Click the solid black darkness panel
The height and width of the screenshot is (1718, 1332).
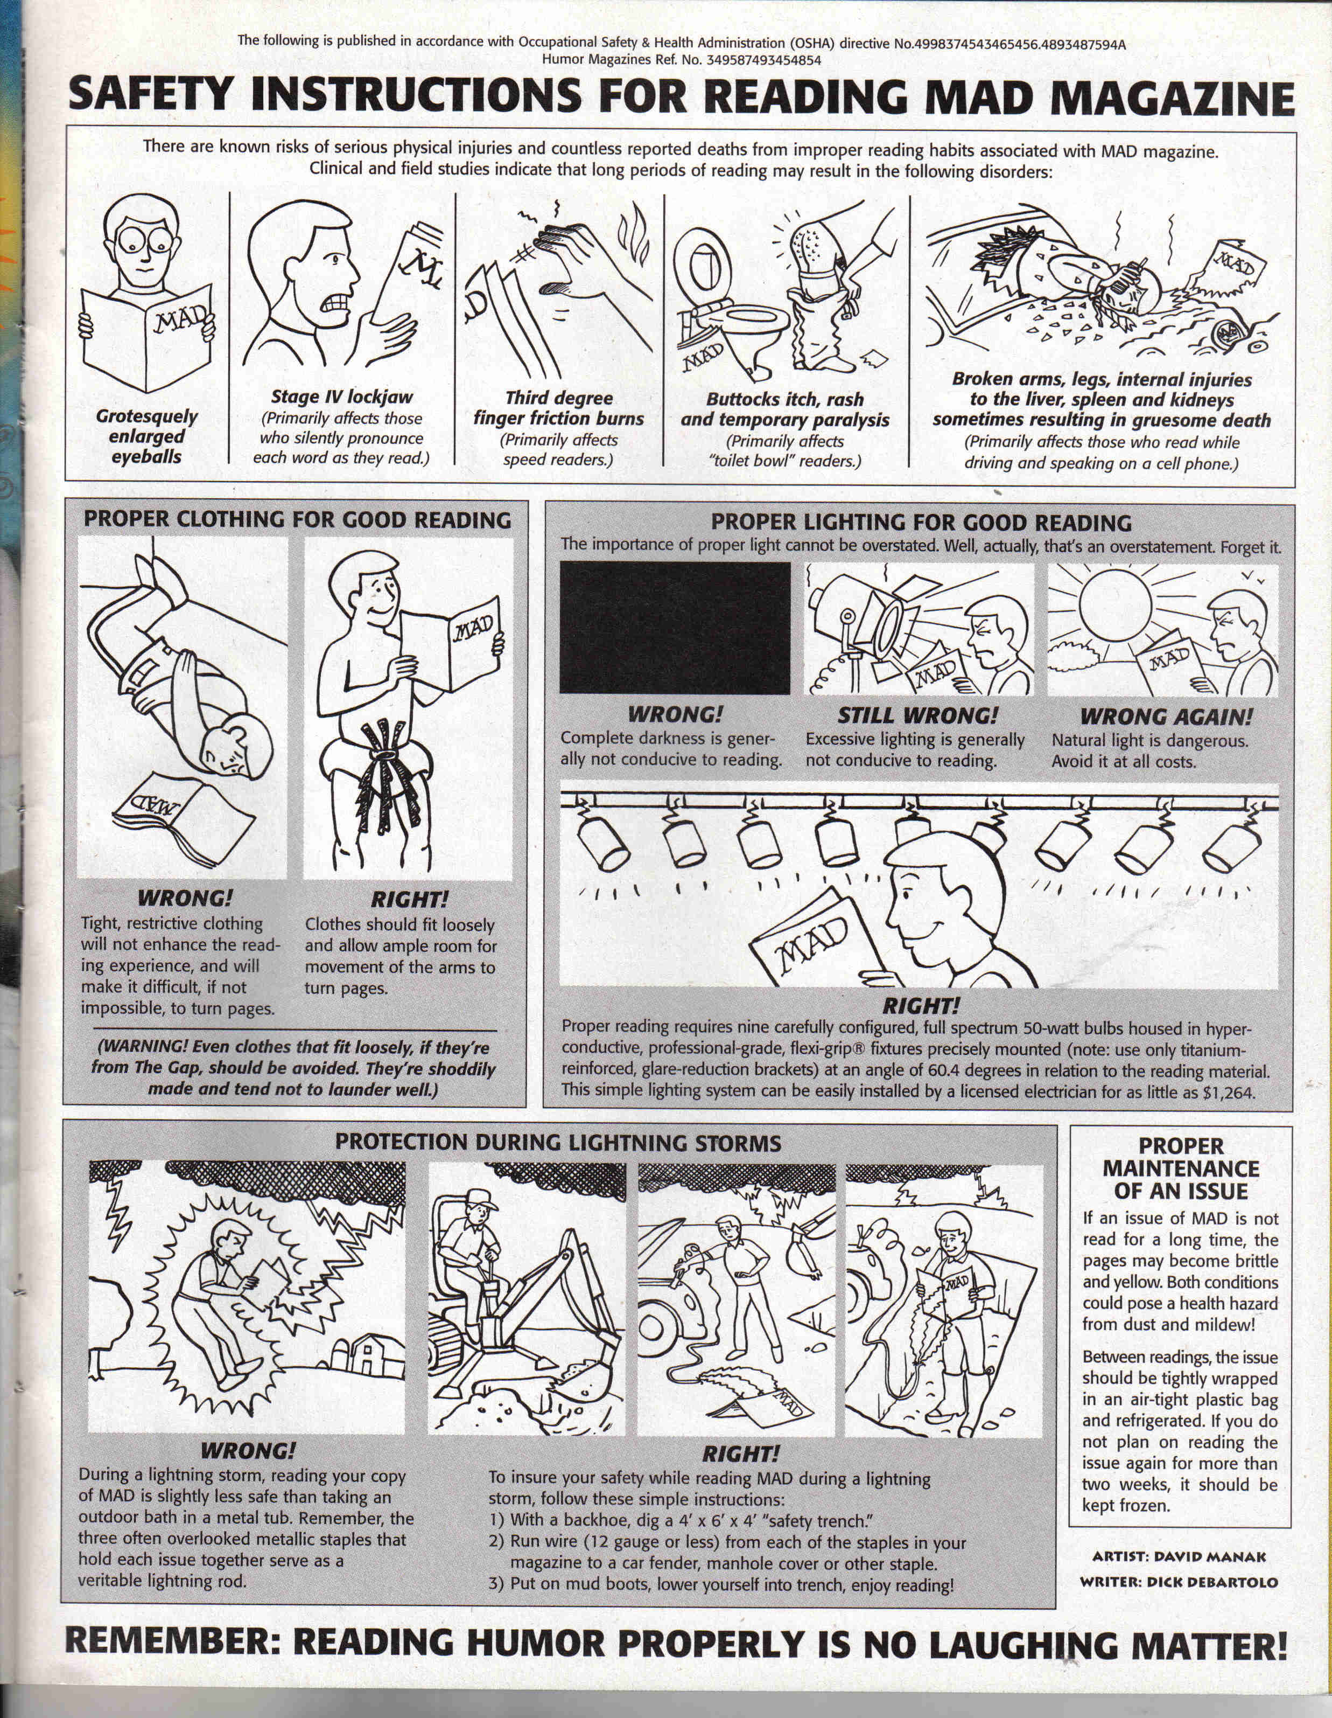(x=675, y=628)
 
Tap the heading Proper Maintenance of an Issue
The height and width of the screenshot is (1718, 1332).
(x=1180, y=1168)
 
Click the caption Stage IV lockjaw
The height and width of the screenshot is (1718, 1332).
(x=341, y=397)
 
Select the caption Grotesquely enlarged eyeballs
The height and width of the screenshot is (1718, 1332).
(x=146, y=436)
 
